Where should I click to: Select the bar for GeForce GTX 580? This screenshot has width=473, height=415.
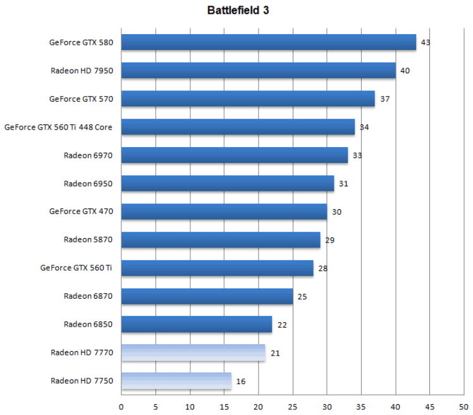268,42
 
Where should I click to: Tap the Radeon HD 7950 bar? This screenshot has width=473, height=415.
258,70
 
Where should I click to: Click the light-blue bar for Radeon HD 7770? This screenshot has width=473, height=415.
193,352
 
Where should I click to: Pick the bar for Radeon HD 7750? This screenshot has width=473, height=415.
176,381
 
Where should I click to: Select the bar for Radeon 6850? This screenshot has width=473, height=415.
196,325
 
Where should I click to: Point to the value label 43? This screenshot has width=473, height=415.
426,42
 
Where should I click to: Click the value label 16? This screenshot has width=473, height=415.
240,381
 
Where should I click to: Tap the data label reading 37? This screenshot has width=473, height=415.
384,99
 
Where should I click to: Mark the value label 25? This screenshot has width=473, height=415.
302,296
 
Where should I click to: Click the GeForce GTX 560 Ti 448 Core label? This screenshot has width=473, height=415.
58,127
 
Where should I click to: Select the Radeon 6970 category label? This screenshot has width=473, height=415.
88,155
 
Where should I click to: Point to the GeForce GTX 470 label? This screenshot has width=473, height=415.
81,212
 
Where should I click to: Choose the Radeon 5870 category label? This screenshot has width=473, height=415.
88,239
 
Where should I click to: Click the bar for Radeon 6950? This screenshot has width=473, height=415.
227,183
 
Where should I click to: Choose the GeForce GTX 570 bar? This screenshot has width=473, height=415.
247,99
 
